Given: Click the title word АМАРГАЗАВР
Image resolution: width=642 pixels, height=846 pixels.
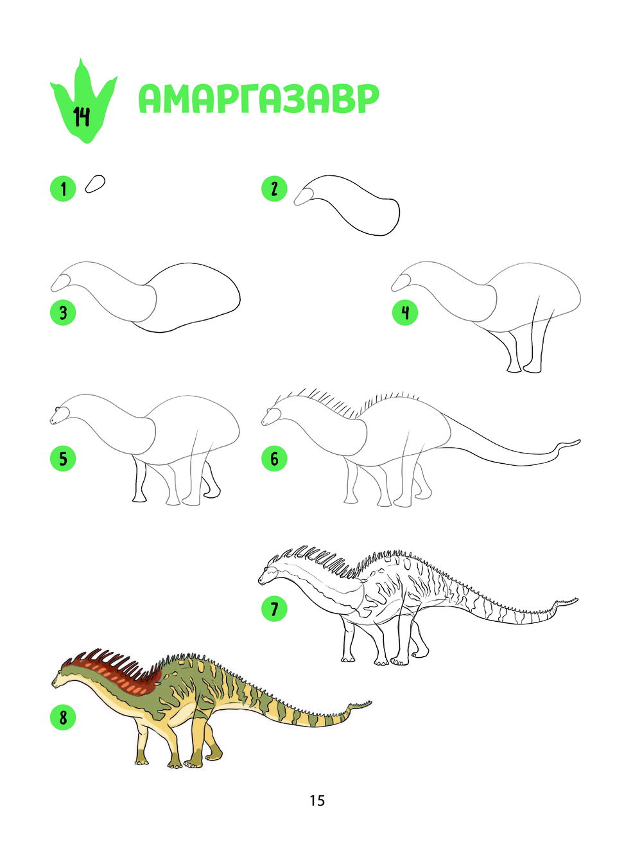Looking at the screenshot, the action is pos(259,99).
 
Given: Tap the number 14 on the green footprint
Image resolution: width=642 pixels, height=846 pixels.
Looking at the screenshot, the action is pos(82,117).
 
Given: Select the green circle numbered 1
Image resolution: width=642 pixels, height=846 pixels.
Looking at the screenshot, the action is pos(63,189).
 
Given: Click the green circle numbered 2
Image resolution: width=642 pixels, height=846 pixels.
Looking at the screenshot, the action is pos(274,189).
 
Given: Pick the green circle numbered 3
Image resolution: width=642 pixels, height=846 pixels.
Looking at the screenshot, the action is pos(63,313).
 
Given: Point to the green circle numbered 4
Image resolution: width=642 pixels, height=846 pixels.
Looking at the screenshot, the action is pos(405,313).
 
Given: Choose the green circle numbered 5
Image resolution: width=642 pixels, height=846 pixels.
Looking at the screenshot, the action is pos(63,459).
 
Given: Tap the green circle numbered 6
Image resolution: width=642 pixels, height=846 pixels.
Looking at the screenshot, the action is pos(274,459).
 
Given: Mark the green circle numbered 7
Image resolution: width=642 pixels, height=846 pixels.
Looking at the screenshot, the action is pos(274,608).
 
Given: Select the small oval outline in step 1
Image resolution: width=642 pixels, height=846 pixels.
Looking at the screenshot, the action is pos(95,184).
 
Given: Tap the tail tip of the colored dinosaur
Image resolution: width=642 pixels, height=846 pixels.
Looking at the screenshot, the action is pos(370,702).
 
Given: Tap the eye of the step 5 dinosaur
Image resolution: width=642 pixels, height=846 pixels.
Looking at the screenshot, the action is pos(57,410).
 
